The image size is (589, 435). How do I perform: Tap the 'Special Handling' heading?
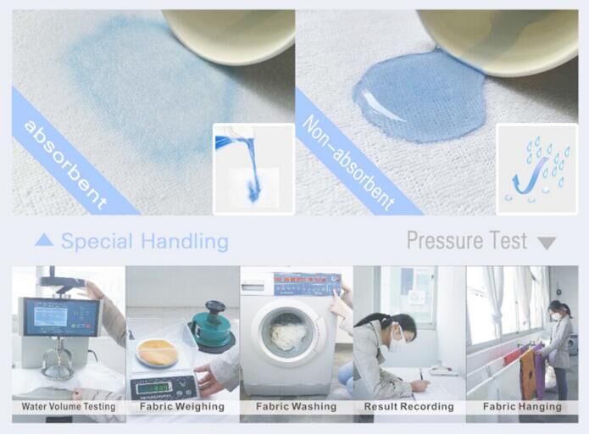click(144, 242)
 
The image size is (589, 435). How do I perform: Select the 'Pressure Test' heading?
click(466, 241)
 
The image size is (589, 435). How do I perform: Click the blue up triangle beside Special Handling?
click(44, 241)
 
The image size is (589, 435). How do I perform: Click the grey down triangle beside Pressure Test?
click(547, 243)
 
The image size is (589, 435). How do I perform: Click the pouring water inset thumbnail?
click(253, 168)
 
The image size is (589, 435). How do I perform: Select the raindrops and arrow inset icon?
click(536, 168)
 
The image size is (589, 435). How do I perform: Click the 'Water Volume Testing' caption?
click(68, 407)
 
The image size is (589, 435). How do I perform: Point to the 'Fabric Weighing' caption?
click(182, 407)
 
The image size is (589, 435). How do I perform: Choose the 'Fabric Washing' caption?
click(296, 407)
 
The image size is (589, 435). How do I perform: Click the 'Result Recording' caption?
click(409, 407)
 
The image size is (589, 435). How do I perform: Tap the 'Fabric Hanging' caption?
click(522, 407)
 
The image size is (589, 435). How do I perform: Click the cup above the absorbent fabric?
click(229, 34)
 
